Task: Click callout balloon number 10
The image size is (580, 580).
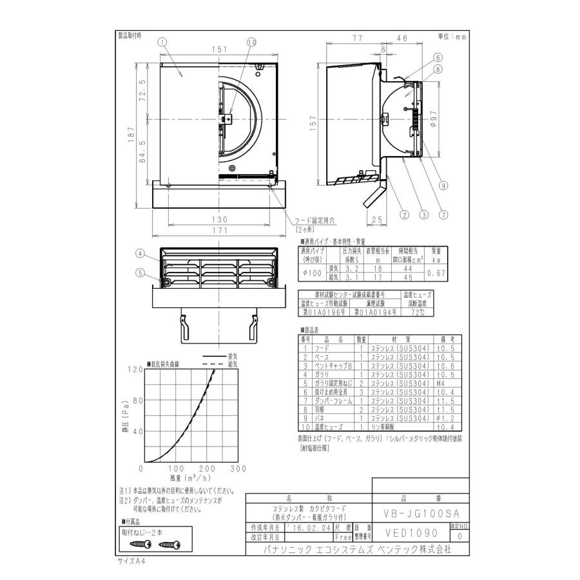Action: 251,42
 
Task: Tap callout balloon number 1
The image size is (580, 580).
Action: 162,41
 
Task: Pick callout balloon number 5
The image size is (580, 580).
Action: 140,272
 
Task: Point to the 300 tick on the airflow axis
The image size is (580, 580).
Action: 238,469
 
